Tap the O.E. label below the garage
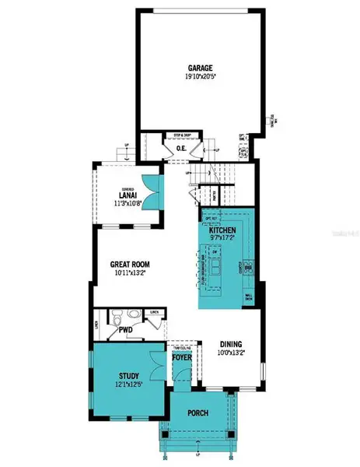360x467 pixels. [x=181, y=148]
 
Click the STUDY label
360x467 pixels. [x=128, y=375]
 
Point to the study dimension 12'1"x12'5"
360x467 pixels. [x=128, y=384]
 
